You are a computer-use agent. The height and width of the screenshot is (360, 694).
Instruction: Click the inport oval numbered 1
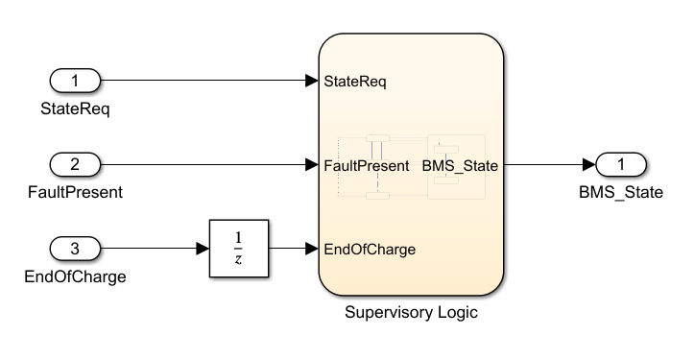[74, 82]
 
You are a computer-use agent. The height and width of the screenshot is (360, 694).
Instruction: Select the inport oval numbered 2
[74, 165]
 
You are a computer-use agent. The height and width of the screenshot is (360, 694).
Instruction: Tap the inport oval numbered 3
[74, 250]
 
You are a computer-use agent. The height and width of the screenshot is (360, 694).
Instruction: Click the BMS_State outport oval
[620, 165]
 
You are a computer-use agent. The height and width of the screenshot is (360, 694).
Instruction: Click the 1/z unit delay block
[239, 250]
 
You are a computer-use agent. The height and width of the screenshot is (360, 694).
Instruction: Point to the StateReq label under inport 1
[74, 108]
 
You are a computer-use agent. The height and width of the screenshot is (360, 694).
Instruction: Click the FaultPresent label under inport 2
[74, 193]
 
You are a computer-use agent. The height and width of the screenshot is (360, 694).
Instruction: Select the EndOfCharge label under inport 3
[74, 277]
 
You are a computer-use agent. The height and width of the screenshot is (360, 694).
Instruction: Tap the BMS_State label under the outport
[620, 193]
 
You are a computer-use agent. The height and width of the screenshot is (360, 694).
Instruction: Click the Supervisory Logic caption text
[411, 313]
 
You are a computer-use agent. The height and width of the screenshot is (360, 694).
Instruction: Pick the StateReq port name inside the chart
[355, 82]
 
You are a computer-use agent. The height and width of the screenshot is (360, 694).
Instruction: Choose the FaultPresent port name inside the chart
[367, 165]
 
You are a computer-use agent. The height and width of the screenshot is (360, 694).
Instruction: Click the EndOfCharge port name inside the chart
[370, 250]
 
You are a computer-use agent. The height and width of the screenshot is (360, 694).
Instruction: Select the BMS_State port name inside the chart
[460, 165]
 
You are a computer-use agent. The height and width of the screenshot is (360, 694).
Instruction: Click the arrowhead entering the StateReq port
[312, 82]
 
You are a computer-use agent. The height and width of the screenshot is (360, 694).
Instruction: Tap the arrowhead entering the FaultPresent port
[312, 165]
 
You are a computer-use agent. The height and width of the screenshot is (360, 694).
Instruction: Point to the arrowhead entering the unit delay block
[203, 250]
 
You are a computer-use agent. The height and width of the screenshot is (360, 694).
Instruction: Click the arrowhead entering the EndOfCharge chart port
[312, 250]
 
